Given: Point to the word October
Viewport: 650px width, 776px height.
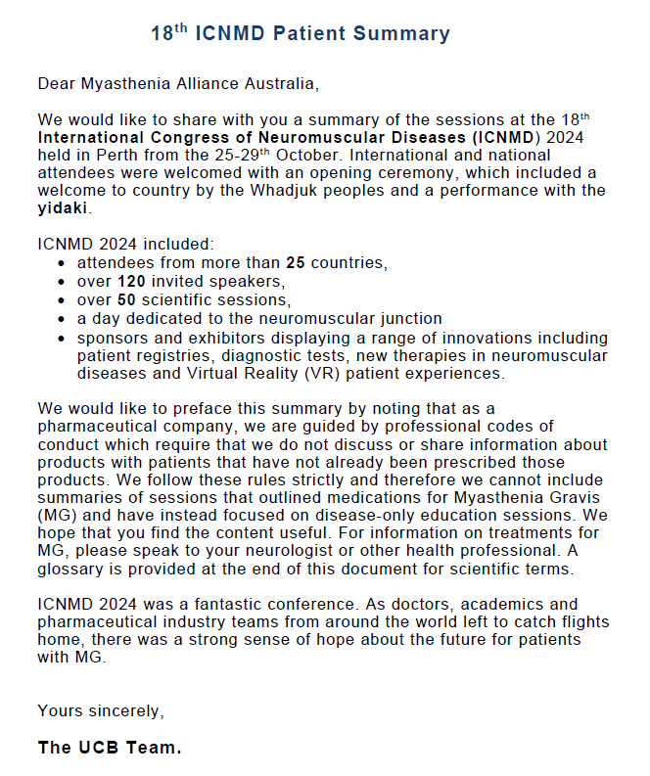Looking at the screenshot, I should point(307,155).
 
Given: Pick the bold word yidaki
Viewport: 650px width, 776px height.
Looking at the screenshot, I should point(63,207).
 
